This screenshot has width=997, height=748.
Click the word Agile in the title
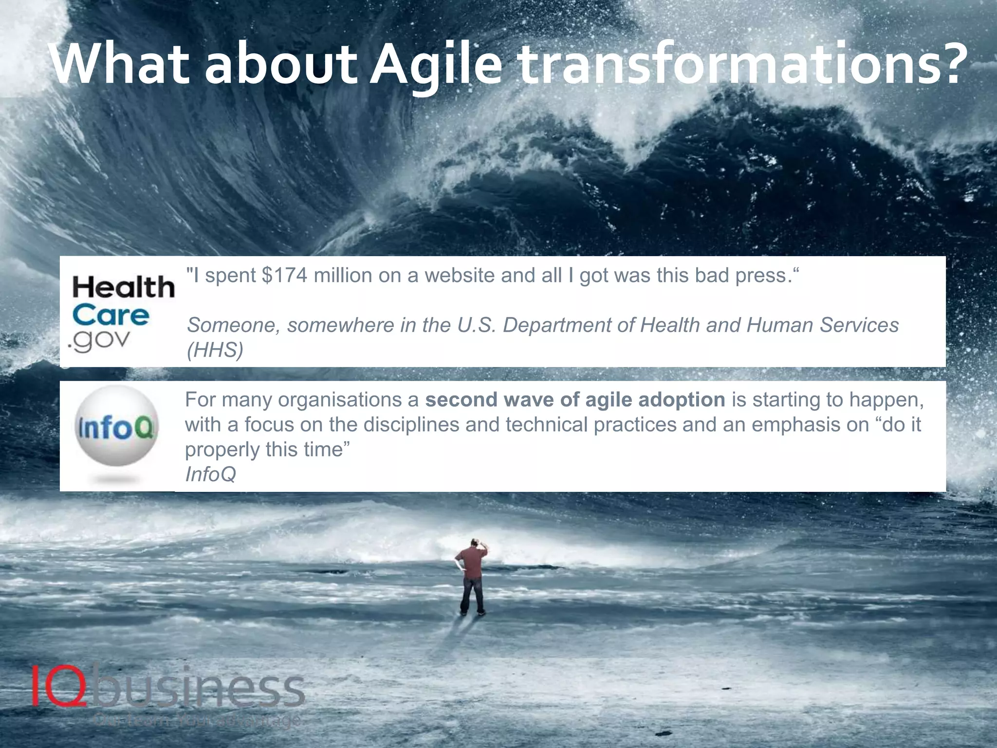tap(435, 66)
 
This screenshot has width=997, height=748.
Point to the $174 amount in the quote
tap(284, 276)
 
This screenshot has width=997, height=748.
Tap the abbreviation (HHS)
tap(215, 350)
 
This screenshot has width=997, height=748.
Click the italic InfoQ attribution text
tap(210, 474)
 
